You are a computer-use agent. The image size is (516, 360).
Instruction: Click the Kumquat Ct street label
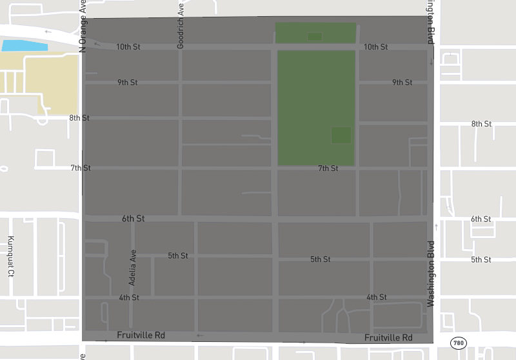tap(10, 255)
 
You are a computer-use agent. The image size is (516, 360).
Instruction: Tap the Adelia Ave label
tap(132, 267)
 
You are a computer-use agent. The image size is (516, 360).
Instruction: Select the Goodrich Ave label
tap(181, 26)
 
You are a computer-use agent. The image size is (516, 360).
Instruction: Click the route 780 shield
tap(458, 343)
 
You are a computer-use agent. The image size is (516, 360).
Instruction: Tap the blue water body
tap(25, 46)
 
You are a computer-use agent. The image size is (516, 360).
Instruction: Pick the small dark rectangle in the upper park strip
tap(315, 37)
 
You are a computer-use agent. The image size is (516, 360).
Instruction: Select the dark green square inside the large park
tap(341, 135)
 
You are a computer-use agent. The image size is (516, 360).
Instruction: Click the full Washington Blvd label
tap(431, 274)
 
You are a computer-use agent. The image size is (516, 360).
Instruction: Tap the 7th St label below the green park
tap(328, 168)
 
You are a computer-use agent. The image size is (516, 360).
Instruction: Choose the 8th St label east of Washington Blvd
tap(481, 124)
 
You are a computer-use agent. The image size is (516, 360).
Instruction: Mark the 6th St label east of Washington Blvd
tap(481, 219)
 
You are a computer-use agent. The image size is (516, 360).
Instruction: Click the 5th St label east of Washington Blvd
tap(481, 259)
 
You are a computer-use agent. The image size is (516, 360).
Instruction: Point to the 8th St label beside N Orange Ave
tap(79, 118)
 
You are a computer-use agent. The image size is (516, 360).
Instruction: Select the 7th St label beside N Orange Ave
tap(81, 168)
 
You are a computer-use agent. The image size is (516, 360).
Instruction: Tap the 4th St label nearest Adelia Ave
tap(129, 297)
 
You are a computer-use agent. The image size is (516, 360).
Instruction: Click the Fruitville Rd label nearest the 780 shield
tap(388, 338)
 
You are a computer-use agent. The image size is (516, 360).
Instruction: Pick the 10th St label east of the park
tap(375, 47)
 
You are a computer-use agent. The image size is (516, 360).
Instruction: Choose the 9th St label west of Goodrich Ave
tap(128, 83)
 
